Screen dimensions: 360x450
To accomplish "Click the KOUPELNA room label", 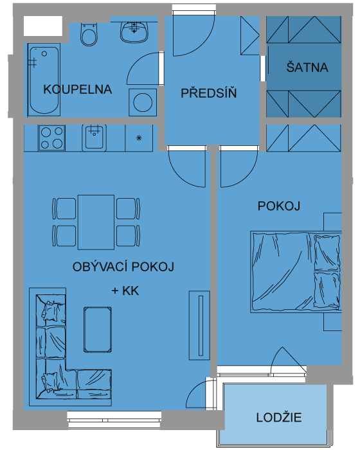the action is (x=78, y=89).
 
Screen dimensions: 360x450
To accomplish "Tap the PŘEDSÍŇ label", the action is (x=209, y=93).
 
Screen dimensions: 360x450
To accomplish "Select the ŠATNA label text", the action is (x=307, y=67).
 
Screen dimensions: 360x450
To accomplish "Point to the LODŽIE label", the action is (x=279, y=417).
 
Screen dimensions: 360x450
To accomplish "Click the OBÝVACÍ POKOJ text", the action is (x=123, y=267).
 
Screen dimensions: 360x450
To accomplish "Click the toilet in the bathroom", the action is (x=89, y=35).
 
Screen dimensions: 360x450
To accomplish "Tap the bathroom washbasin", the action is (x=134, y=32).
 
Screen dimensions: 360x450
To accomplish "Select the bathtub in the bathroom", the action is (x=44, y=80).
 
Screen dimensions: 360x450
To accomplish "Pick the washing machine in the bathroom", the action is (x=143, y=102).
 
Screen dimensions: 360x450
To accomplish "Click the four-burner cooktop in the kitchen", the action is (x=51, y=138).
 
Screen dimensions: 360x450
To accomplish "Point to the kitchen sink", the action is (x=94, y=138).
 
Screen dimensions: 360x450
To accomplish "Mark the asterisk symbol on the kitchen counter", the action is (x=139, y=138).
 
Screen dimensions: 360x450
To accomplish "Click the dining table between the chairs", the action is (x=96, y=222).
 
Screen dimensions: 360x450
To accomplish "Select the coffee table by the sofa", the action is (x=98, y=329).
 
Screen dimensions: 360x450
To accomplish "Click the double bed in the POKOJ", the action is (x=296, y=272).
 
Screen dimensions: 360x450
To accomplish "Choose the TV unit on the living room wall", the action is (x=199, y=325).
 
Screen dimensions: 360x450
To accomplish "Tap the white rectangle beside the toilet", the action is (x=43, y=26).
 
